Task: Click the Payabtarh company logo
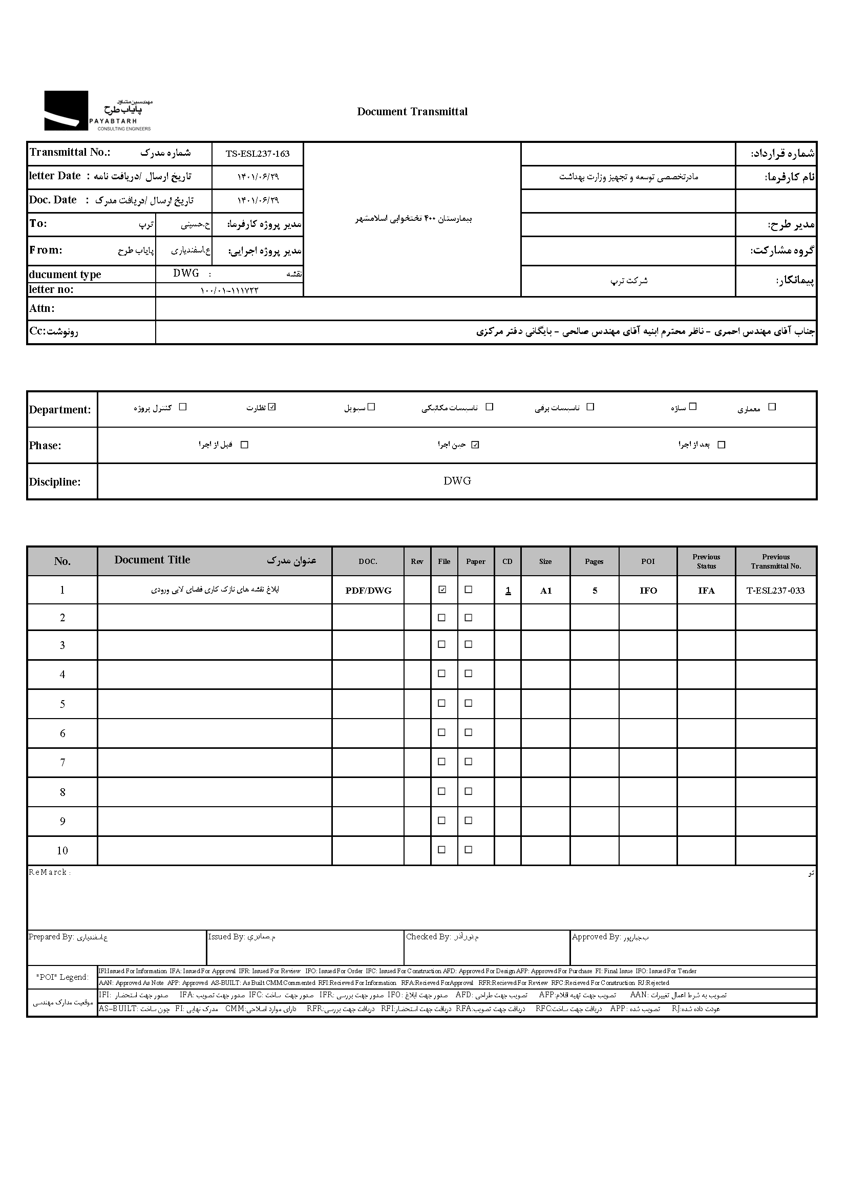(97, 111)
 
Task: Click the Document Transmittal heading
(412, 112)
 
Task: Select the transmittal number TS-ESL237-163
(257, 154)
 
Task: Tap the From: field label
(46, 250)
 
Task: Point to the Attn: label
(41, 308)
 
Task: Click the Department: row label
(60, 410)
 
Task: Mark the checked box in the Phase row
(475, 445)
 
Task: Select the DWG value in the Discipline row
(457, 481)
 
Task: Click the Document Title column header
(152, 560)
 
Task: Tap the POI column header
(648, 561)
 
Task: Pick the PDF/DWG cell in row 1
(368, 591)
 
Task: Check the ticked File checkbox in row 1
(442, 590)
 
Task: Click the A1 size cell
(545, 591)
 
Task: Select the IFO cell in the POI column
(648, 591)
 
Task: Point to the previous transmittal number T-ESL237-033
(775, 591)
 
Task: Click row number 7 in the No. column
(62, 763)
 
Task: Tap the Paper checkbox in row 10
(469, 850)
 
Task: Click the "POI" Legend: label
(62, 977)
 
